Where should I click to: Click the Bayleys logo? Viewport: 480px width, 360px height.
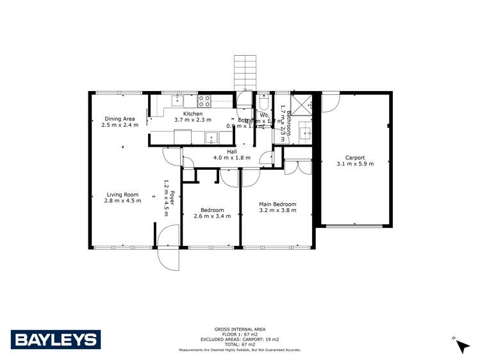tap(55, 339)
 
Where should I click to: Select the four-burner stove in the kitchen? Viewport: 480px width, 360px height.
tap(204, 101)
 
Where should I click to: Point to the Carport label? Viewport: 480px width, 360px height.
tap(354, 157)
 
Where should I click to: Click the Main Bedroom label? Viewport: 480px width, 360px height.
tap(277, 205)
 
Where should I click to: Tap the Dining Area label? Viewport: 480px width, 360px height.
tap(120, 119)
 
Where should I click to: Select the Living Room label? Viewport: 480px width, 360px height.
tap(122, 195)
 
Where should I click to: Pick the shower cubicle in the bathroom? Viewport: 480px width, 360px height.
tap(301, 102)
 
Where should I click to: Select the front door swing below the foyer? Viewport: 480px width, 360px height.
tap(168, 250)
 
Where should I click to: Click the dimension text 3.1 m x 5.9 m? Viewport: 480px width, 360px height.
tap(354, 164)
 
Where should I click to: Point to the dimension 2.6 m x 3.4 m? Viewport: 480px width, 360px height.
tap(211, 217)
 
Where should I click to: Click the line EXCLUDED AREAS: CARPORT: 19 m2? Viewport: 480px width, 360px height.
tap(241, 340)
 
